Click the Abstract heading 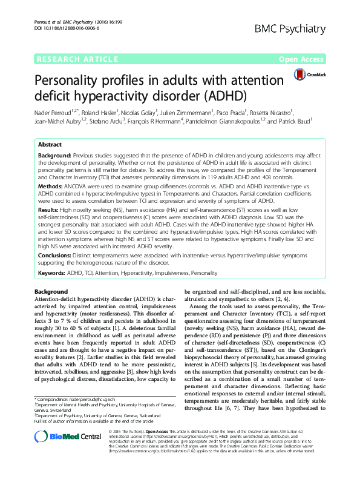[50, 145]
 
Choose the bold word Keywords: [52, 273]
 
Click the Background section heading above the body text [51, 292]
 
